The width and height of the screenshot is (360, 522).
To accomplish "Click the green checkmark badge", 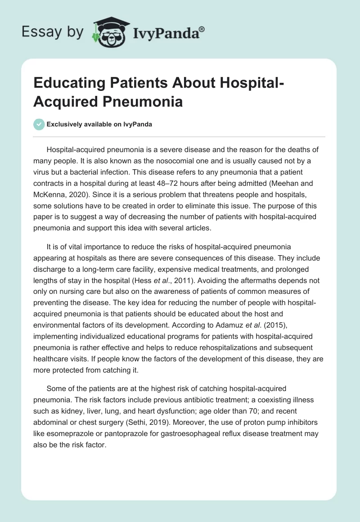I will [x=39, y=124].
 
